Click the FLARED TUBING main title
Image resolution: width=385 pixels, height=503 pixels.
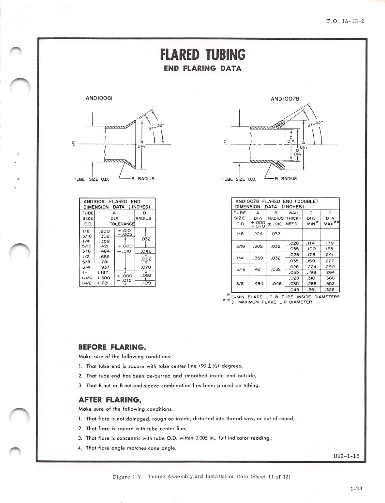203,55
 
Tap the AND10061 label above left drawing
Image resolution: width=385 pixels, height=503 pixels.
99,98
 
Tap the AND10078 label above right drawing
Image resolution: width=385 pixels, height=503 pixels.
285,99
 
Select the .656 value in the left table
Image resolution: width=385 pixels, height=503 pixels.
104,256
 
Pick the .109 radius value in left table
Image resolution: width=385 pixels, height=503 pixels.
146,283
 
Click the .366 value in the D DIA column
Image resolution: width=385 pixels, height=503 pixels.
330,278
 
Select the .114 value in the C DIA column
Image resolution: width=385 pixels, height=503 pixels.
311,243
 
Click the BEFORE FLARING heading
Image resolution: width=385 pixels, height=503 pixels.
112,347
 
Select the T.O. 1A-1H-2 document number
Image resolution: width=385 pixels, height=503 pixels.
345,21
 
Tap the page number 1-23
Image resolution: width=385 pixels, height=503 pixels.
356,489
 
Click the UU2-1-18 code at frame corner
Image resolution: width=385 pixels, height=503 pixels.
347,456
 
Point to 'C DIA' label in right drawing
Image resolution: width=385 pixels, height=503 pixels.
291,139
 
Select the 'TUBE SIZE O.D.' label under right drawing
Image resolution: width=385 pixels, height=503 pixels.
239,179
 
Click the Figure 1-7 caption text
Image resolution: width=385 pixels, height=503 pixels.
202,476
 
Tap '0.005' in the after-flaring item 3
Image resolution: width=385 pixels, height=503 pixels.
201,438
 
